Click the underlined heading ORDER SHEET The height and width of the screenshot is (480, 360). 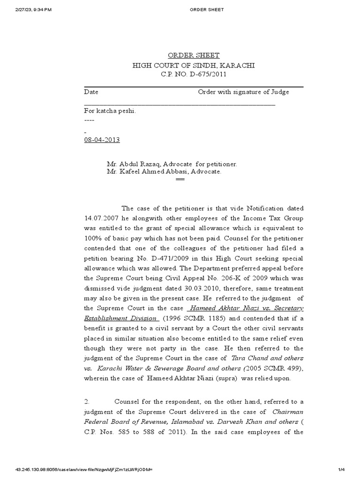(194, 55)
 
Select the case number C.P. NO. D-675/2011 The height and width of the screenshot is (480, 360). (194, 75)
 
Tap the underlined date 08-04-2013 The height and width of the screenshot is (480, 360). (101, 140)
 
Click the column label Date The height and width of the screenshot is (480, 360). (91, 92)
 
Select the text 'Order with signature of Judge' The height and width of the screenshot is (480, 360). (243, 92)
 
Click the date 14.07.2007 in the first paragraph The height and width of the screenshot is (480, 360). (100, 218)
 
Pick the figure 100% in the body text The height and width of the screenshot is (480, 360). (92, 238)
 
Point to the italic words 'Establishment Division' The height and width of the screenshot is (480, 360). (120, 318)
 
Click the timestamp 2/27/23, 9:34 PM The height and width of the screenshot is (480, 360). (27, 9)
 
